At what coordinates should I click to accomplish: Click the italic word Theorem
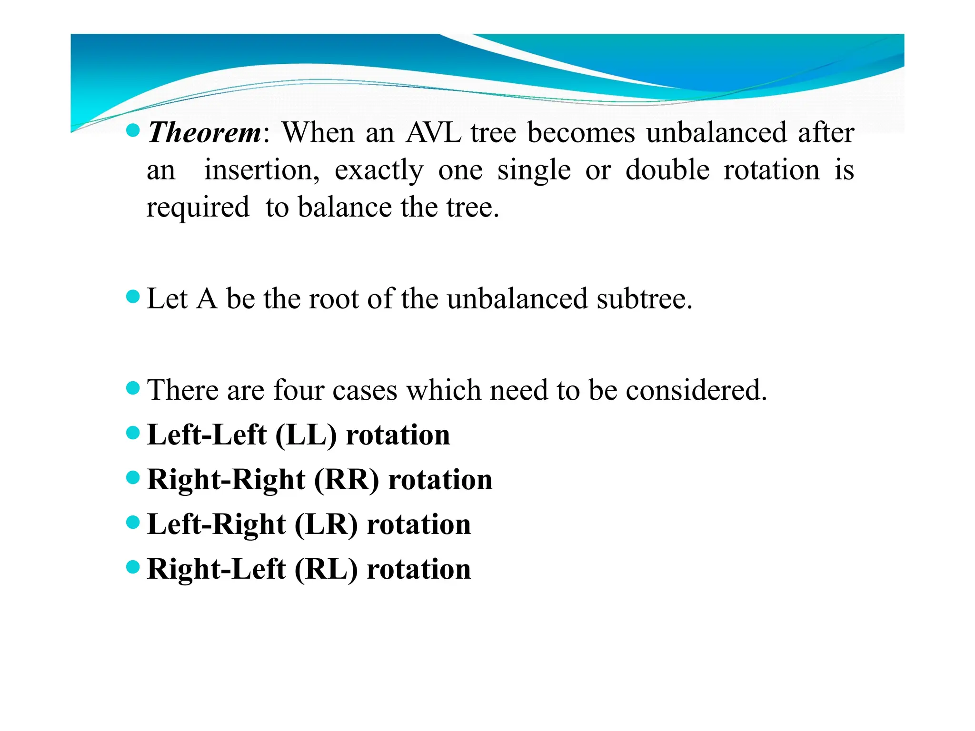[x=204, y=132]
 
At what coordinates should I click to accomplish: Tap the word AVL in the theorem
[x=433, y=132]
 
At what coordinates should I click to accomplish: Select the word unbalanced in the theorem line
[x=716, y=132]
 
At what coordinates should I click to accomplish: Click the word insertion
[x=261, y=170]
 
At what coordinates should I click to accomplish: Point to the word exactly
[x=378, y=171]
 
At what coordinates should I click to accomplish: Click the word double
[x=667, y=170]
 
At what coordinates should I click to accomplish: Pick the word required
[x=198, y=208]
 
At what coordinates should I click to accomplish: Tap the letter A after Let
[x=207, y=299]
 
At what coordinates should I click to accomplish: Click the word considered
[x=696, y=390]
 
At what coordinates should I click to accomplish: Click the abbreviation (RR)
[x=346, y=480]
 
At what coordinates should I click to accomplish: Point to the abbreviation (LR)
[x=326, y=524]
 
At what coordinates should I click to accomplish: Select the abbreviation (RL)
[x=326, y=569]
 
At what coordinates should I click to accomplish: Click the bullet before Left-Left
[x=133, y=433]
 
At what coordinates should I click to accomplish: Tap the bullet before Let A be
[x=133, y=297]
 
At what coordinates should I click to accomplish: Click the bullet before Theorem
[x=133, y=130]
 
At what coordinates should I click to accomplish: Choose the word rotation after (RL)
[x=418, y=569]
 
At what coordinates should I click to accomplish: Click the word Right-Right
[x=226, y=480]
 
